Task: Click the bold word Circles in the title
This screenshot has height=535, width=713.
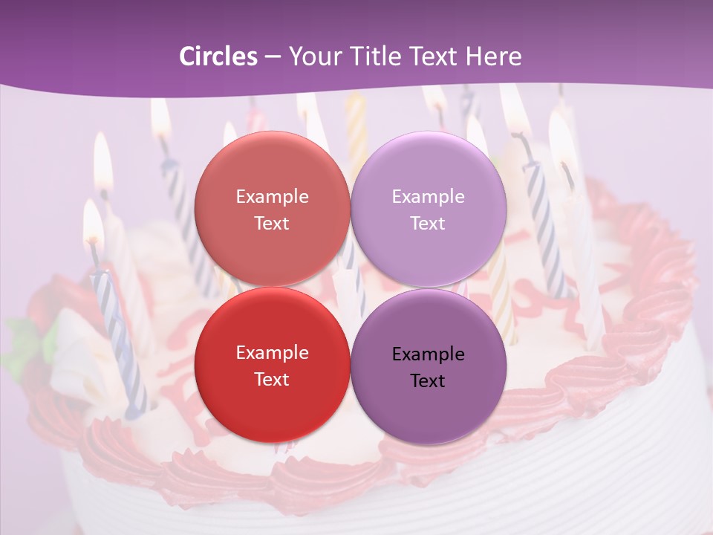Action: tap(218, 56)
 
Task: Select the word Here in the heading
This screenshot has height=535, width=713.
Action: tap(493, 56)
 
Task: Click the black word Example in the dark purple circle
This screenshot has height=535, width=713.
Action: tap(428, 354)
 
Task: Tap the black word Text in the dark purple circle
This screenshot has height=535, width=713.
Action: tap(428, 381)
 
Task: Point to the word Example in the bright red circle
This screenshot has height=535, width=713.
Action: tap(272, 353)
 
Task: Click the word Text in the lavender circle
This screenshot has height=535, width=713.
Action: tap(428, 224)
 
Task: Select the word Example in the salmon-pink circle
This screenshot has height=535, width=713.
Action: tap(272, 197)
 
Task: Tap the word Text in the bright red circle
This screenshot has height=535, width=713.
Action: tap(272, 380)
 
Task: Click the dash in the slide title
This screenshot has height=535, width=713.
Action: tap(272, 56)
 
